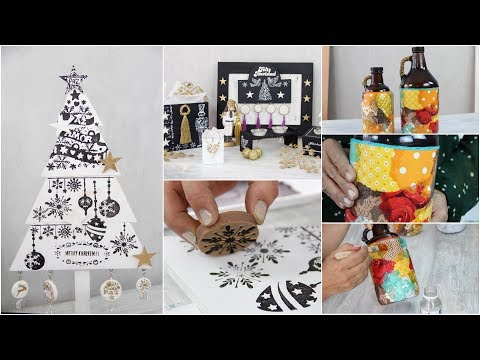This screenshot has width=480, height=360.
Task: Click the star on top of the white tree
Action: tap(73, 77)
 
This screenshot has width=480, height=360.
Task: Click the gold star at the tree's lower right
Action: tap(145, 257)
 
